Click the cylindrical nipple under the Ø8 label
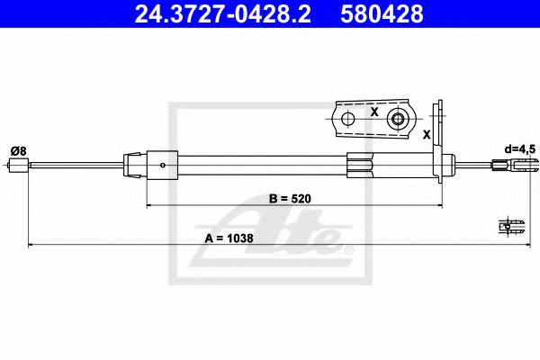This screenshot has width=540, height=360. click(17, 165)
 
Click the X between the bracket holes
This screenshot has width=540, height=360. click(373, 112)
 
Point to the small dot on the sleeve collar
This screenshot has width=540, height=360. click(161, 165)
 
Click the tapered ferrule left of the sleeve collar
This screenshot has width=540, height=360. click(133, 163)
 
